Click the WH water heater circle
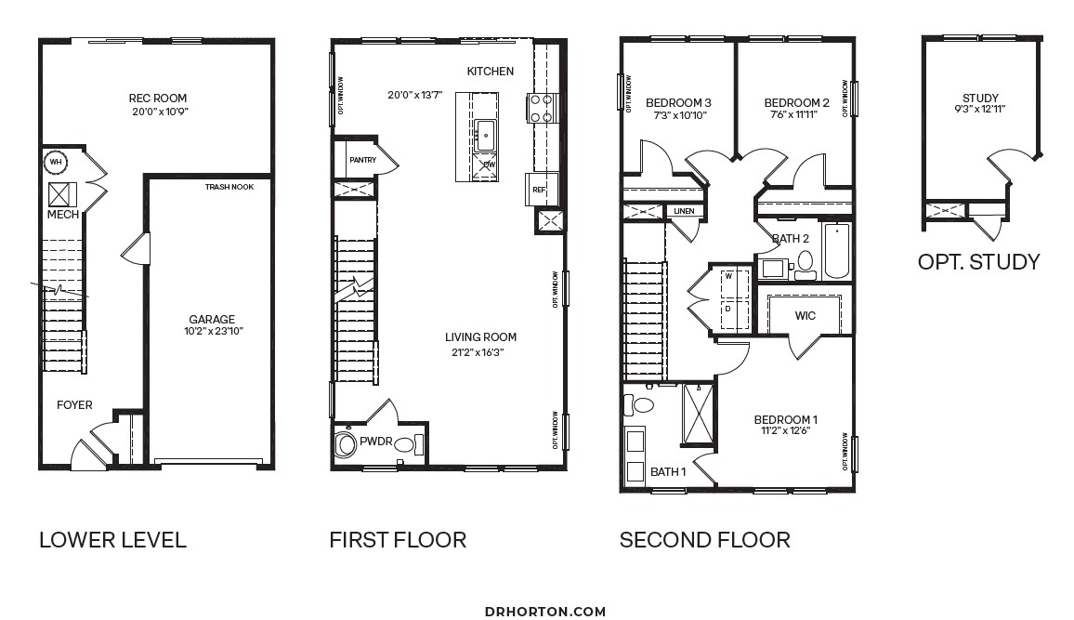point(56,163)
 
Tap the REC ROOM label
point(158,98)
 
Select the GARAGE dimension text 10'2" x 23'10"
point(214,332)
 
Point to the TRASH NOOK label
point(229,187)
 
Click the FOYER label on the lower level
point(74,405)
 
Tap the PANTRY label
point(363,160)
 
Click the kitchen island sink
point(486,136)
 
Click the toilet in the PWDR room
point(405,444)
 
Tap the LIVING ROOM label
point(481,337)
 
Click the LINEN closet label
point(685,211)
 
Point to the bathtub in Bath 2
point(836,250)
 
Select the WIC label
point(805,316)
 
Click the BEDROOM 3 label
point(679,103)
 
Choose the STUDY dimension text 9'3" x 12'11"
point(980,109)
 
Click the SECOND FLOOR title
point(705,540)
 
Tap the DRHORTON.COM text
point(545,612)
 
